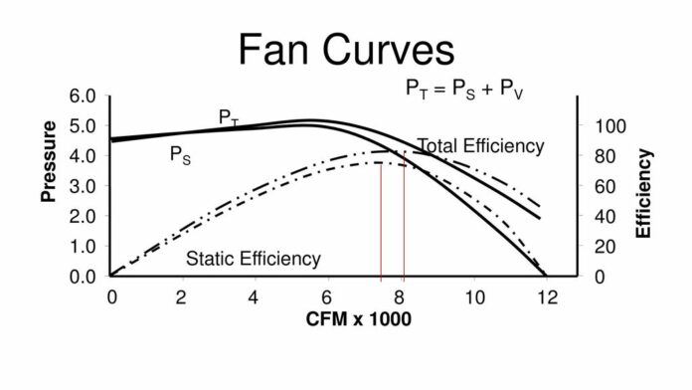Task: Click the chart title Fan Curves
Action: tap(346, 49)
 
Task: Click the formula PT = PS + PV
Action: tap(465, 90)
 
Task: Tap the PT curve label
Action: tap(229, 117)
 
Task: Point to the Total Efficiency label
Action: tap(481, 146)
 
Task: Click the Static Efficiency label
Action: tap(254, 260)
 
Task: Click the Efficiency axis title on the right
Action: tap(644, 192)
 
